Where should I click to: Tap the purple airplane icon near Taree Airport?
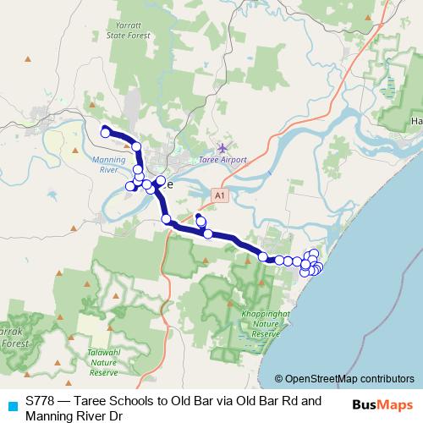(x=222, y=147)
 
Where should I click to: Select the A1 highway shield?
(x=220, y=195)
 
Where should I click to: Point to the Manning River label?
(x=107, y=164)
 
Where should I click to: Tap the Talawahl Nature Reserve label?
(x=103, y=363)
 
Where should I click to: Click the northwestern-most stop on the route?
(x=105, y=131)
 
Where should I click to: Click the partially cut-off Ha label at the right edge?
(x=415, y=121)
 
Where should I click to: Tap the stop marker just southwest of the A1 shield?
(x=201, y=222)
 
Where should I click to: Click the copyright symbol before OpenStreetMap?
(x=279, y=379)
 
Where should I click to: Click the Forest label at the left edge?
(x=11, y=343)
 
